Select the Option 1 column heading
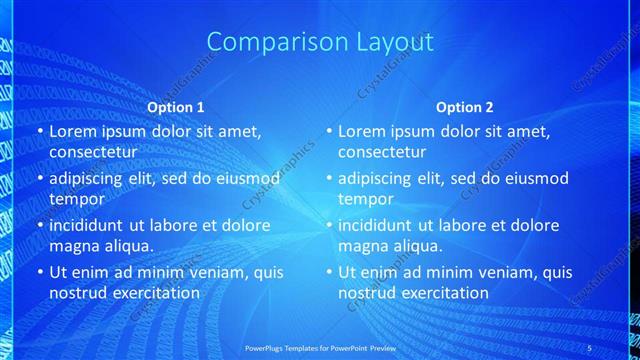[176, 107]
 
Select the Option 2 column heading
[465, 107]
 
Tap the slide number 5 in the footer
[590, 348]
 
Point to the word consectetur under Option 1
[92, 152]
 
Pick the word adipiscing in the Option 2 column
[380, 178]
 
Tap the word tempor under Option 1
[73, 199]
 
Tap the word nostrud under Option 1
[78, 293]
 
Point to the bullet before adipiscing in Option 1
[39, 178]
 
